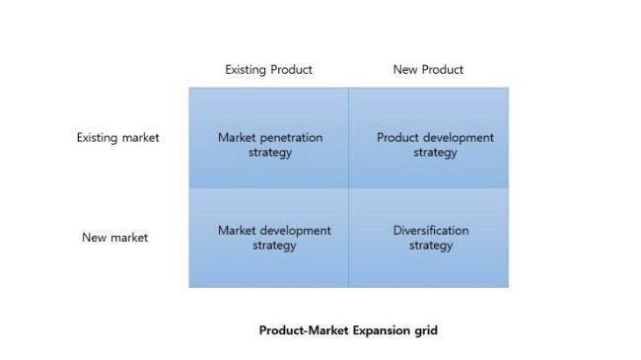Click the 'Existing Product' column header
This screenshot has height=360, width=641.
[268, 70]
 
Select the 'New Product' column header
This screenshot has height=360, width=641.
[428, 70]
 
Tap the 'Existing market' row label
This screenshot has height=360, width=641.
[117, 138]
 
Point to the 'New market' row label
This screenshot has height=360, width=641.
[115, 238]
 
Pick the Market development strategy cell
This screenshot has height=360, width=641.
[269, 238]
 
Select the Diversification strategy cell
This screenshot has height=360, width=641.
[428, 238]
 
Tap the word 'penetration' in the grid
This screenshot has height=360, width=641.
[291, 138]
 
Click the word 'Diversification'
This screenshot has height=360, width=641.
[431, 231]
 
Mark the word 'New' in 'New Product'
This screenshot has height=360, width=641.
[404, 70]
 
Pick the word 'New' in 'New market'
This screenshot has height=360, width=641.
[94, 238]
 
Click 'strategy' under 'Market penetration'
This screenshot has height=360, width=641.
[270, 153]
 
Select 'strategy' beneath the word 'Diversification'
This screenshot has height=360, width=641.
[431, 246]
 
